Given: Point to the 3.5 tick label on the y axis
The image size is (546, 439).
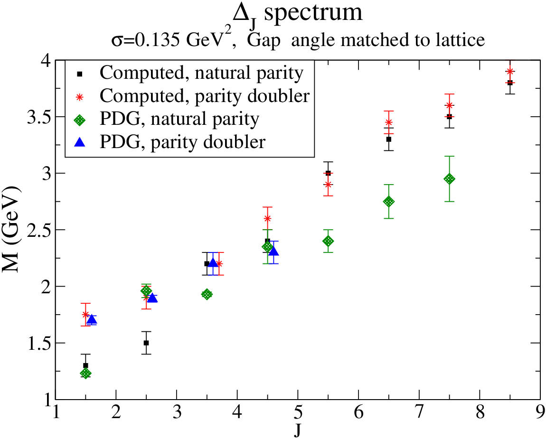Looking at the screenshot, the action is pyautogui.click(x=38, y=117).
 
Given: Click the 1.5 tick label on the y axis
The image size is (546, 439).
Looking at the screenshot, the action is pyautogui.click(x=38, y=343).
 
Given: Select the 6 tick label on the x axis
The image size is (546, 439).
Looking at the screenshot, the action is pyautogui.click(x=358, y=412).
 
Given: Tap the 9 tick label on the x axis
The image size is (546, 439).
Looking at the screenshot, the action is pyautogui.click(x=540, y=412).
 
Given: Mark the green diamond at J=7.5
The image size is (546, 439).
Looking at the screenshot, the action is pyautogui.click(x=450, y=179).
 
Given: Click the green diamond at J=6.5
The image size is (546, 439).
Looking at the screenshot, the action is pyautogui.click(x=389, y=202).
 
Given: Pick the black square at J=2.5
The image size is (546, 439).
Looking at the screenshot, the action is pyautogui.click(x=146, y=343).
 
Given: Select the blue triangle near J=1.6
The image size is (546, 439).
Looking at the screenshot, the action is pyautogui.click(x=92, y=319).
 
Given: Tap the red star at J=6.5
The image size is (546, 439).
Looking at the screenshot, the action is pyautogui.click(x=389, y=122).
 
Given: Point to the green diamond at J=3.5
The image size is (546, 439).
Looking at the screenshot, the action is pyautogui.click(x=207, y=294).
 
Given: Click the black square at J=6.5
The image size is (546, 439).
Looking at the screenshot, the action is pyautogui.click(x=389, y=139).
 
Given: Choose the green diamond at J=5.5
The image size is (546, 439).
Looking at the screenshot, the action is pyautogui.click(x=328, y=241).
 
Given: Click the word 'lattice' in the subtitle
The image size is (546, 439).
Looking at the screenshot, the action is pyautogui.click(x=461, y=40).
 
